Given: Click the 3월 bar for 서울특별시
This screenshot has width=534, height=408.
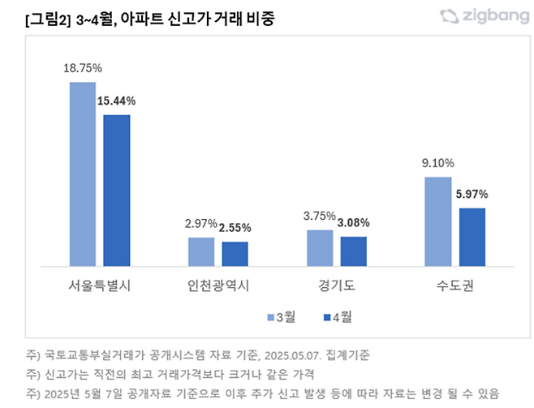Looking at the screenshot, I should pyautogui.click(x=82, y=174).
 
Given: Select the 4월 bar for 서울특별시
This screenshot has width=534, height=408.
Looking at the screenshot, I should pyautogui.click(x=117, y=190).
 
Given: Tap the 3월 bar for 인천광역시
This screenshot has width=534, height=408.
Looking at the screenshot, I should pyautogui.click(x=201, y=251).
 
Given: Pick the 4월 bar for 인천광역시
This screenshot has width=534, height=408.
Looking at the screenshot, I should pyautogui.click(x=235, y=253).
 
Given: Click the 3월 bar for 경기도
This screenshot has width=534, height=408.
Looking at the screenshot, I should pyautogui.click(x=320, y=247).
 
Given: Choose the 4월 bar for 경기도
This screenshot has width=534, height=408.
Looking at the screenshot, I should pyautogui.click(x=354, y=251).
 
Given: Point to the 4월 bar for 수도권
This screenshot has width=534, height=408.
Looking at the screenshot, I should pyautogui.click(x=472, y=236).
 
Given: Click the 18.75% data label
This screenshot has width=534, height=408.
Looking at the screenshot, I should pyautogui.click(x=82, y=69).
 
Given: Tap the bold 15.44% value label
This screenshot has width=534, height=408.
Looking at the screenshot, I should pyautogui.click(x=117, y=101).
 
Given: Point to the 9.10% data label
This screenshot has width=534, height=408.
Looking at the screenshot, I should pyautogui.click(x=438, y=162).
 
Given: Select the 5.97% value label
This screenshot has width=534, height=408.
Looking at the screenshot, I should pyautogui.click(x=472, y=195).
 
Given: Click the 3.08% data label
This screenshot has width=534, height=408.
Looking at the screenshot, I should pyautogui.click(x=354, y=223).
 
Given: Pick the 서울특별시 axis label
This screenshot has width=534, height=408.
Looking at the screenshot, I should pyautogui.click(x=99, y=286).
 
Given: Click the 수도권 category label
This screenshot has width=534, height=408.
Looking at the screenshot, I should pyautogui.click(x=455, y=286).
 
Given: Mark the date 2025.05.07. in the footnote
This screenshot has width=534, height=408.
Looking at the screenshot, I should pyautogui.click(x=294, y=355).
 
